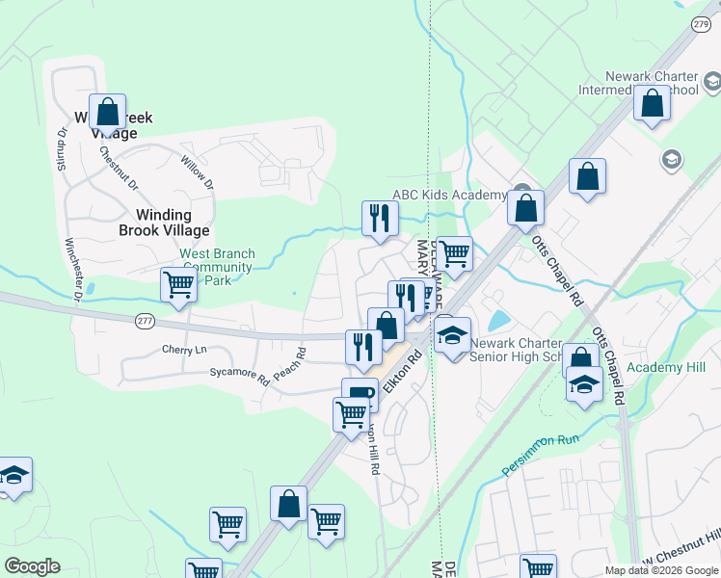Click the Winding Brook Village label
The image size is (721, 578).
(164, 223)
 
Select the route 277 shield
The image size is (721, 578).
(145, 321)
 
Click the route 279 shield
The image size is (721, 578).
(700, 23)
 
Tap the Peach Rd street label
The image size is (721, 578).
(289, 362)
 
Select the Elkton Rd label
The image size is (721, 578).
(403, 371)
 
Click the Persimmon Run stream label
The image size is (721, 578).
(539, 454)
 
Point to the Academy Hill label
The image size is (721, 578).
(666, 368)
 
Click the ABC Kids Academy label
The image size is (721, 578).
(449, 195)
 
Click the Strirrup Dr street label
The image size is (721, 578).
(61, 160)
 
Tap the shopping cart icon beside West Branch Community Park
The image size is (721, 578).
(178, 284)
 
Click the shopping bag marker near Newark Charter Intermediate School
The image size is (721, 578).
(652, 102)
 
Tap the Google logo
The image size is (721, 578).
(32, 566)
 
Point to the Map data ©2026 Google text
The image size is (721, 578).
(662, 570)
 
